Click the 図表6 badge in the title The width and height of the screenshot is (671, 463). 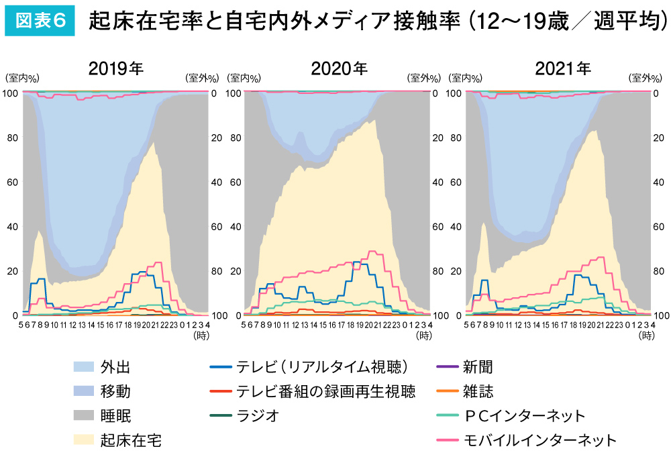point(40,21)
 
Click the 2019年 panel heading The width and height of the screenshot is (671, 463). point(116,69)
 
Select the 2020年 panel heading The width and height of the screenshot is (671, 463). point(339,69)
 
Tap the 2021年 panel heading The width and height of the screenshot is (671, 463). point(562,69)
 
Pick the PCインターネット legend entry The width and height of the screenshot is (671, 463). point(524,416)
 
